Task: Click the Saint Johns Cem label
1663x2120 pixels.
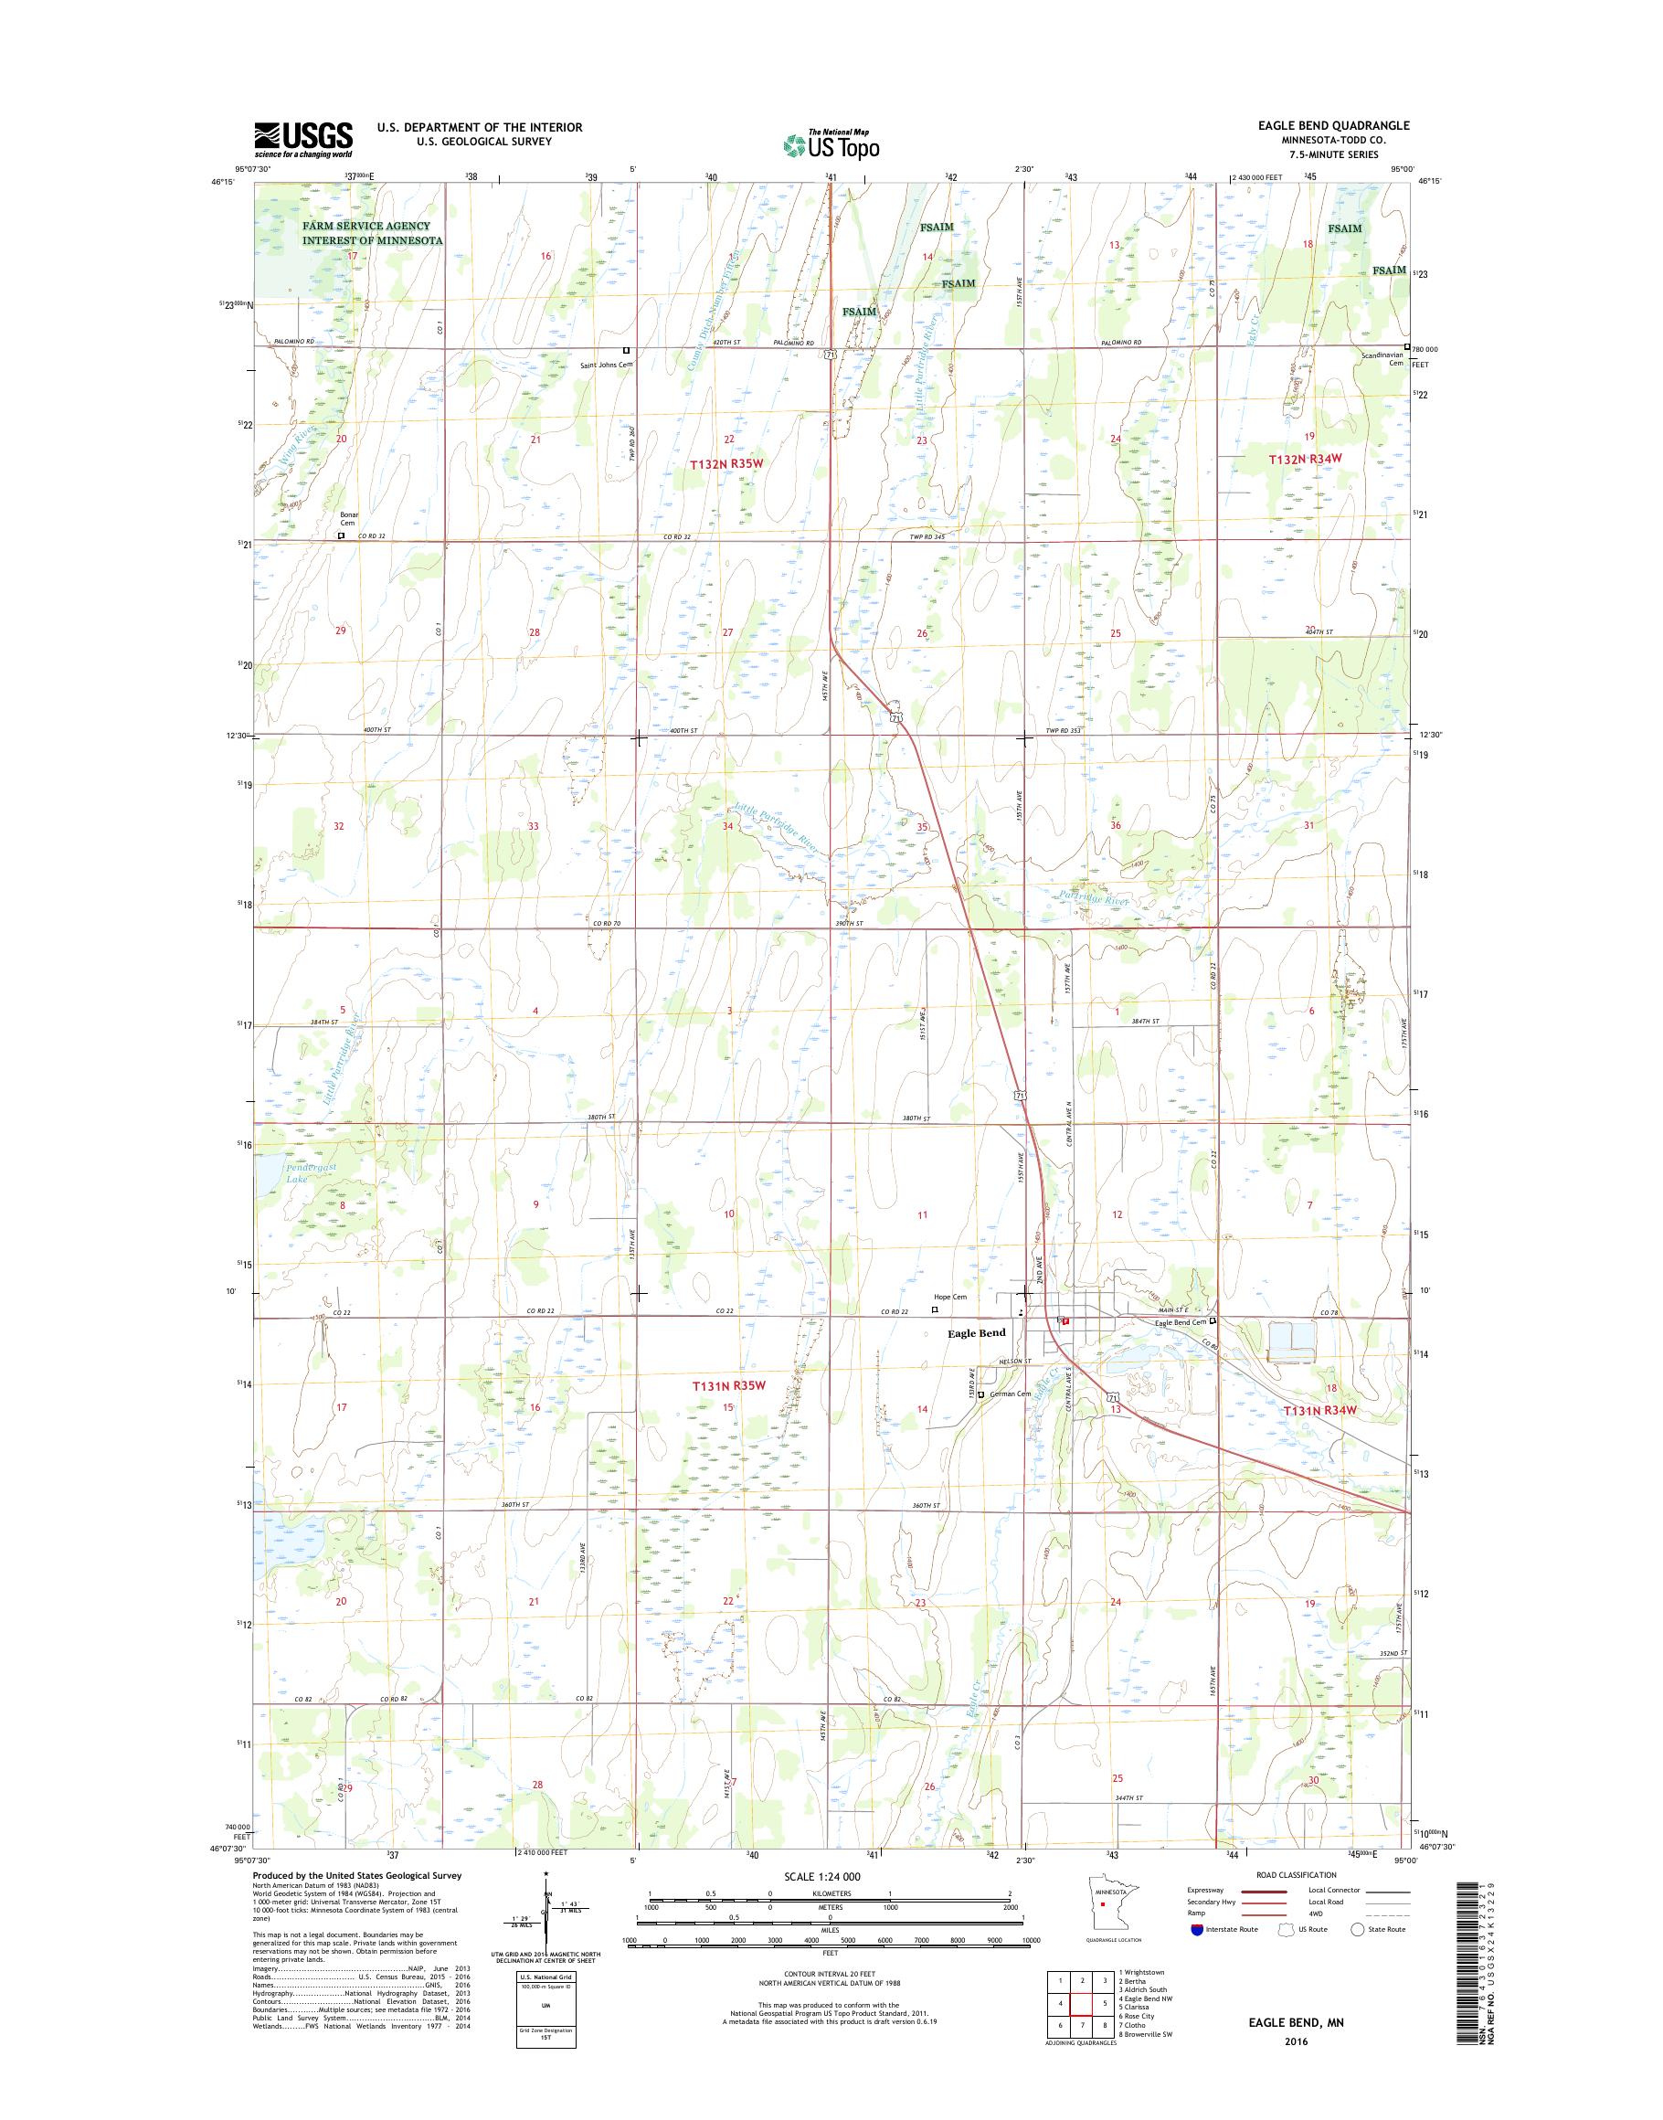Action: (607, 366)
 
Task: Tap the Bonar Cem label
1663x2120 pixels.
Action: (348, 518)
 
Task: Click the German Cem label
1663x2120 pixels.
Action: (1012, 1394)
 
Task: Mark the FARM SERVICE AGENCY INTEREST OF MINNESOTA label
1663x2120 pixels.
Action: (372, 233)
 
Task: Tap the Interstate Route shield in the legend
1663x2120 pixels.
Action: (1197, 1956)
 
